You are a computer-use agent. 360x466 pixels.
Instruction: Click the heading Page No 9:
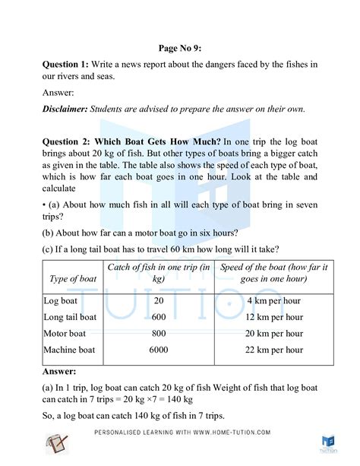179,45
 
